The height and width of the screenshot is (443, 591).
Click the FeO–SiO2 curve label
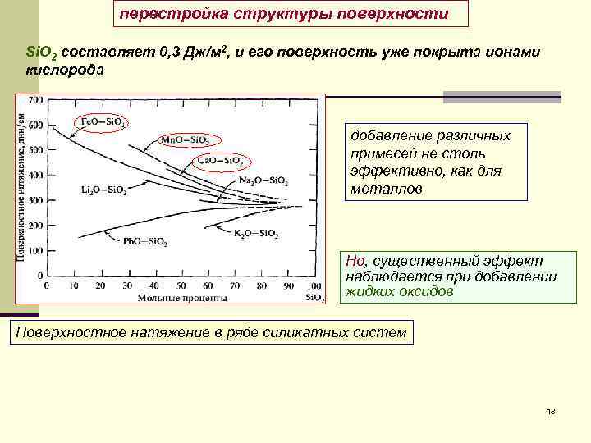(x=103, y=122)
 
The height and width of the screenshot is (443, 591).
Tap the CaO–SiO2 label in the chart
(x=221, y=160)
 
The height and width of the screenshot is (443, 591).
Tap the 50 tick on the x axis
(x=180, y=286)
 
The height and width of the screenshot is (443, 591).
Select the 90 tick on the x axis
(x=287, y=286)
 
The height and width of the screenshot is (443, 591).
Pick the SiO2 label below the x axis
(x=316, y=298)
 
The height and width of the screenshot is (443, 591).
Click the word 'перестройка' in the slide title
(x=159, y=15)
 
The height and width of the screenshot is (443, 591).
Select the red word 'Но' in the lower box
(x=355, y=261)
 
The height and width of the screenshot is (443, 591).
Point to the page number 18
(x=550, y=410)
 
